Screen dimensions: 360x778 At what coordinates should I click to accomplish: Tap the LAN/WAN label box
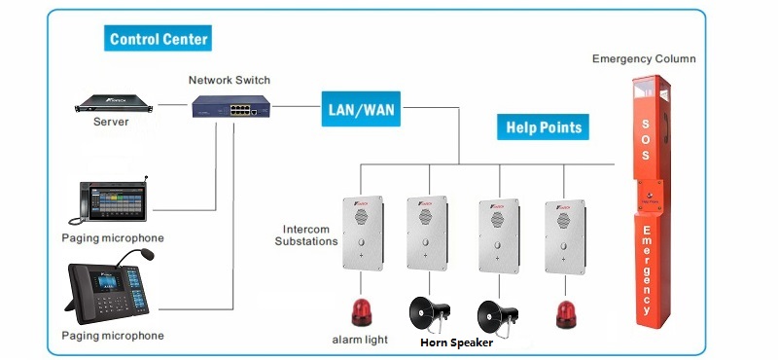point(361,109)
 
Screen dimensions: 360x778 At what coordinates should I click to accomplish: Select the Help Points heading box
point(544,126)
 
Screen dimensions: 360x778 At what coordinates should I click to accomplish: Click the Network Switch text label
point(230,80)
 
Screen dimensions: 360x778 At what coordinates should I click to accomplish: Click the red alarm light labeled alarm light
point(361,311)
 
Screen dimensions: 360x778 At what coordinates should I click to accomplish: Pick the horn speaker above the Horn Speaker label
point(429,313)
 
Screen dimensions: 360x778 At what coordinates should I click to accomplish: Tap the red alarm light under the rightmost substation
point(566,313)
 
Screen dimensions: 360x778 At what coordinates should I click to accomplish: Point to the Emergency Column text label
point(644,59)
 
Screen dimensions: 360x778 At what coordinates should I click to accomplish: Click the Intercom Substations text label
point(304,234)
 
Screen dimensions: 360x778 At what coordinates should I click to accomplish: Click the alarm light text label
point(361,340)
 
